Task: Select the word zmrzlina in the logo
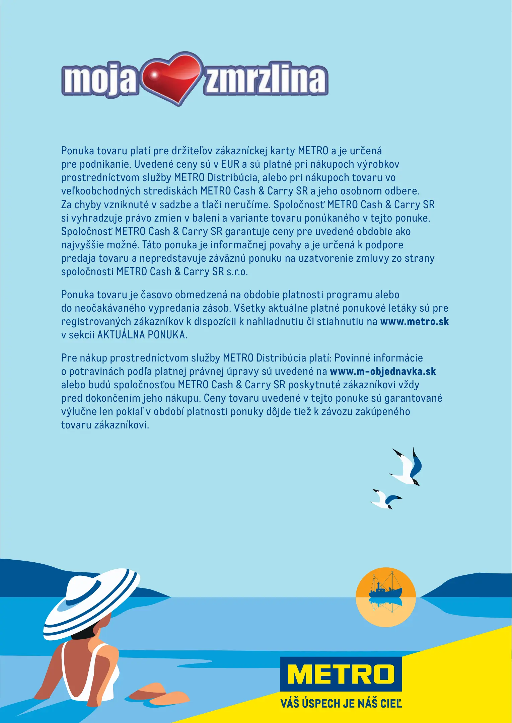(x=265, y=79)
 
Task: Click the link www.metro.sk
(x=415, y=322)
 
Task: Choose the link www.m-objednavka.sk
(x=383, y=372)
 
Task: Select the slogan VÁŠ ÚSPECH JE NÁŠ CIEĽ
(x=341, y=703)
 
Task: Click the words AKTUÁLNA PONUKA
(x=142, y=335)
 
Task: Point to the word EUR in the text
(x=230, y=164)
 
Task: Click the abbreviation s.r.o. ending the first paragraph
(x=237, y=272)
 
